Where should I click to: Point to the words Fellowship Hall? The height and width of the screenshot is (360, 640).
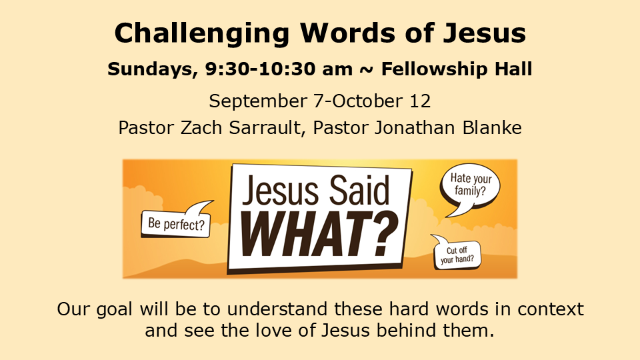457,69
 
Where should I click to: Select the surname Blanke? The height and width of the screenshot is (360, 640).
492,127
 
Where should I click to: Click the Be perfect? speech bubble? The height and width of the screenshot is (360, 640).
177,221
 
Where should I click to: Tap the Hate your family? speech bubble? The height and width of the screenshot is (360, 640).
470,188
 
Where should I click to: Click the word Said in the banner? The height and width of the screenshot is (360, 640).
359,190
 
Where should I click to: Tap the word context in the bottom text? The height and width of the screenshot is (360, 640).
551,309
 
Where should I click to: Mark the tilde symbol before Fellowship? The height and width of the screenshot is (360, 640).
367,69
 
